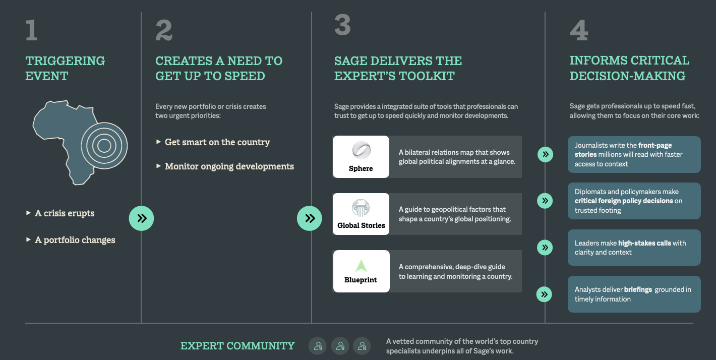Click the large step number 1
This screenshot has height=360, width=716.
[31, 30]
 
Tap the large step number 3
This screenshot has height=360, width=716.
[342, 25]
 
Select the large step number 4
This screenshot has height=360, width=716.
[579, 30]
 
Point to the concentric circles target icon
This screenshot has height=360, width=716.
[104, 146]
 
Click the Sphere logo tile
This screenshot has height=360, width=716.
[361, 157]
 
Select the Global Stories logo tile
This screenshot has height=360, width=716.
[361, 214]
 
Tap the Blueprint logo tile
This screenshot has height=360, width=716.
[361, 271]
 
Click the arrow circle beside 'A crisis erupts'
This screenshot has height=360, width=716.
[142, 218]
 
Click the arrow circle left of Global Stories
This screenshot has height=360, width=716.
[310, 218]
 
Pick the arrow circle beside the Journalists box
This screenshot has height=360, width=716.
[545, 154]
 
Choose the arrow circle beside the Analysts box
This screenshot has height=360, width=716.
[545, 294]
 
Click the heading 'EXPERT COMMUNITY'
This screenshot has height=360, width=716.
[237, 346]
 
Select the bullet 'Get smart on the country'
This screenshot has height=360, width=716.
[217, 142]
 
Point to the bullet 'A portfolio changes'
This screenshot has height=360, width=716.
[75, 240]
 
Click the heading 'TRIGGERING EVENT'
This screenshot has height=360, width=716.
[65, 69]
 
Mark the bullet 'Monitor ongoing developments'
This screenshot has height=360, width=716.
[229, 166]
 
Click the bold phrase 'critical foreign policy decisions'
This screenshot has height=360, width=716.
[624, 201]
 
